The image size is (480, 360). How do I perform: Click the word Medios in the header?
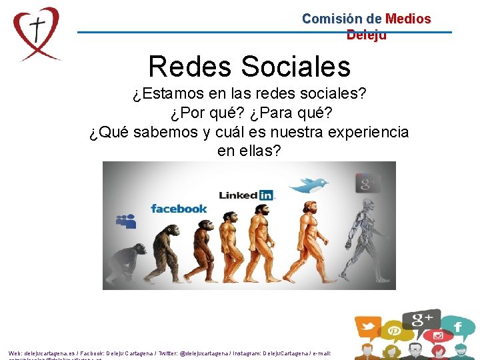pos(408,19)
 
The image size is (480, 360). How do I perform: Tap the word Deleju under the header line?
pos(366,35)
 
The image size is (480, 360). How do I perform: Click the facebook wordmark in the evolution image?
pos(179,209)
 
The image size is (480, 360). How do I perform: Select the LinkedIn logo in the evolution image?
pos(247,195)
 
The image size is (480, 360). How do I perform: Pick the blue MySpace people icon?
pos(125,221)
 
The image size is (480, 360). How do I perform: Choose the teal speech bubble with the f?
pos(458,327)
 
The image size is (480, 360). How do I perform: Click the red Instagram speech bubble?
pos(438,335)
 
